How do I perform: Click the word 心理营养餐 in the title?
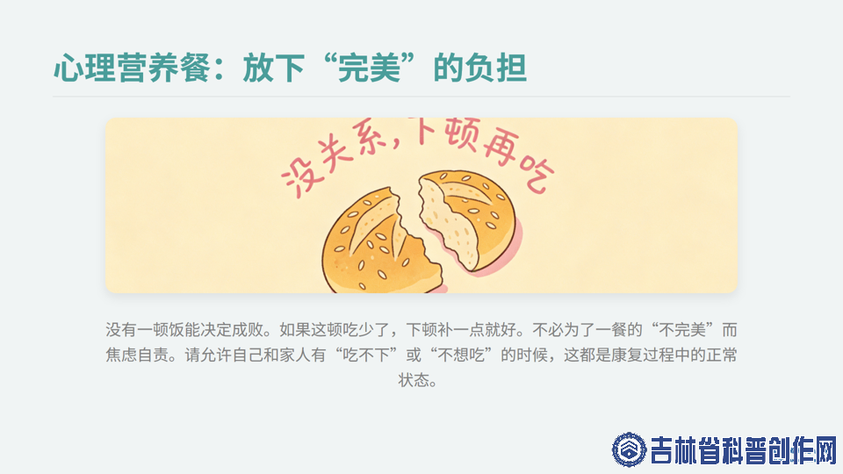click(132, 68)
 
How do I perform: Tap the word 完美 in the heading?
click(370, 68)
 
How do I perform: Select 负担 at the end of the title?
click(495, 68)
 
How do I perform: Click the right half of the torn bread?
click(466, 218)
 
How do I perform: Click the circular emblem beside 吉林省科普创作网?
click(629, 449)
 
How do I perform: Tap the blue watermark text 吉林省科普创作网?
click(744, 450)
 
